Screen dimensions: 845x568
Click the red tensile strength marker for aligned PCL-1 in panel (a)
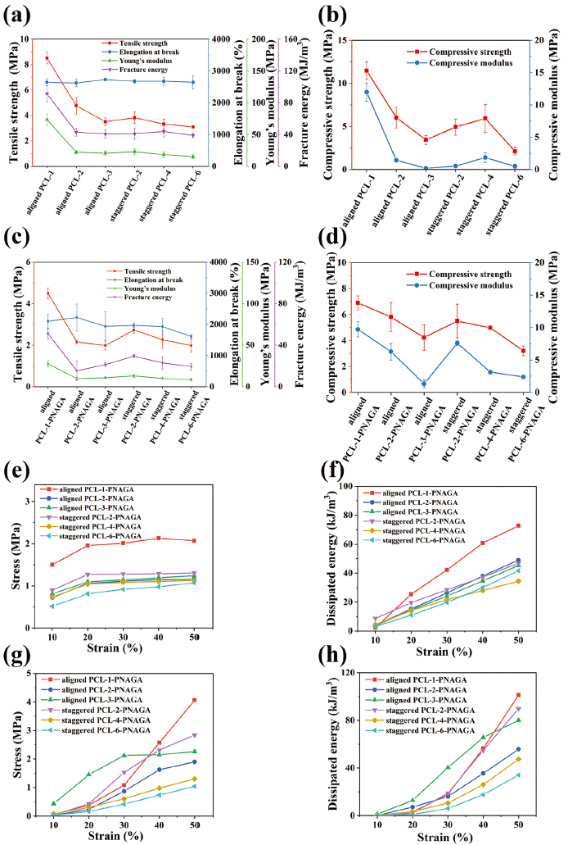click(47, 58)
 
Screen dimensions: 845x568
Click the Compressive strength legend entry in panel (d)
click(463, 274)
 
